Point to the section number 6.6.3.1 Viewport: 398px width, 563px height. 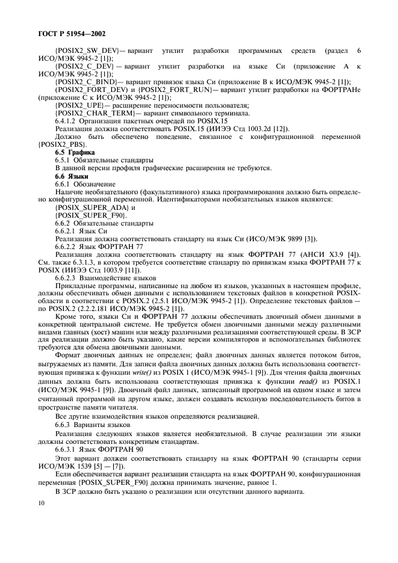tap(67, 448)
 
